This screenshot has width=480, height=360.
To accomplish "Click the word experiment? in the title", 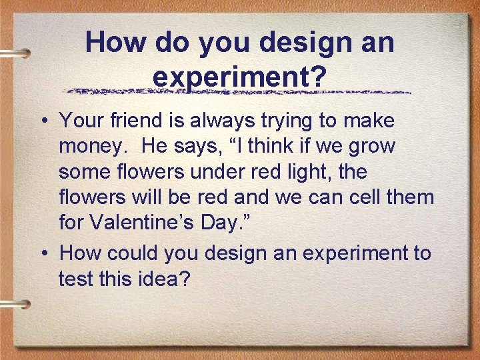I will [x=239, y=76].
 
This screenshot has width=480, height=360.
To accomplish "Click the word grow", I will [x=371, y=146].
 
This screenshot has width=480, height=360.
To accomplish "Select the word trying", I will [x=291, y=122].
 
